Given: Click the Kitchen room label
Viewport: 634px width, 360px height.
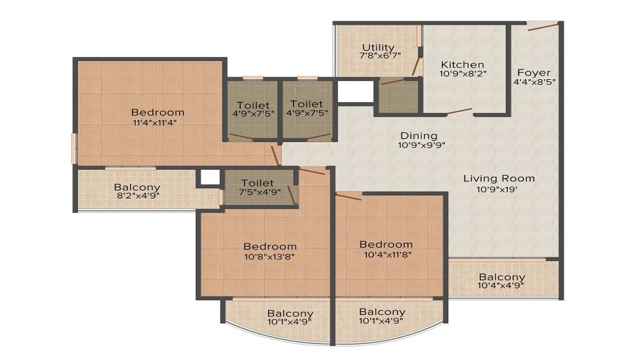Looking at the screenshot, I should point(463,65).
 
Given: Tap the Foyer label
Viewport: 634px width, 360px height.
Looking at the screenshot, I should point(533,72).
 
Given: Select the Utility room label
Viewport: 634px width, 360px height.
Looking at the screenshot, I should point(378,48).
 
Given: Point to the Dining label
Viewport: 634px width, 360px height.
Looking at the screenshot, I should point(418,136).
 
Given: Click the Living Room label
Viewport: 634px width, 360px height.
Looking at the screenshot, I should point(498,178).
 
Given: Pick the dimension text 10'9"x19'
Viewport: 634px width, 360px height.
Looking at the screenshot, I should point(498,189).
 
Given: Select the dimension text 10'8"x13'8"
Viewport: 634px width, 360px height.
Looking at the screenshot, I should point(270,257).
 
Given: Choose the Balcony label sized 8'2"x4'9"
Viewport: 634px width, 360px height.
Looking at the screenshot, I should point(137,188).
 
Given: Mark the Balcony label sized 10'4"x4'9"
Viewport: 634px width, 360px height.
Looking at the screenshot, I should point(501,277).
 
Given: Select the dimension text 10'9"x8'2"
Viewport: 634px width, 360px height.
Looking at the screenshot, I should point(463,74).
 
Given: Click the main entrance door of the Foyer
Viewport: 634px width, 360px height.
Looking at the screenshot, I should point(543,26).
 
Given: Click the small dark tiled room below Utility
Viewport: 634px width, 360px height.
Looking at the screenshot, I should point(398,96).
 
